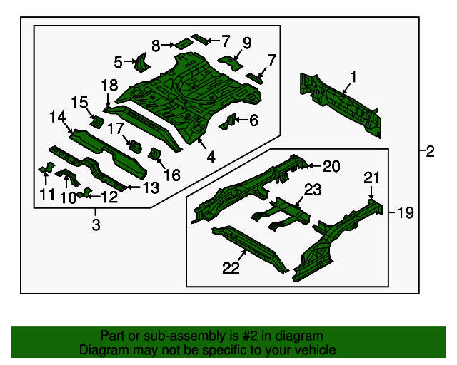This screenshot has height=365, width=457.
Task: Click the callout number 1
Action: pos(353,77)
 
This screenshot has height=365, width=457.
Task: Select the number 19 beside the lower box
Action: pos(405,212)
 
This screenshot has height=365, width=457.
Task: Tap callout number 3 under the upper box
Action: pos(96,225)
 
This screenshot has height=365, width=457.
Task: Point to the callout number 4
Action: pos(211,157)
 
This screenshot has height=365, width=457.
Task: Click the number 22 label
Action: pos(231,268)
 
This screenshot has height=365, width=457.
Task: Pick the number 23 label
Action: pos(313,190)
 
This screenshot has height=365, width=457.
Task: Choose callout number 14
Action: pos(57,117)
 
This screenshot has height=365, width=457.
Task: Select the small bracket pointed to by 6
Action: pos(228,122)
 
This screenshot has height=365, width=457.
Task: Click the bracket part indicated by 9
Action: pos(231,63)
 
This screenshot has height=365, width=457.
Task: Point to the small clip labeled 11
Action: pos(46,168)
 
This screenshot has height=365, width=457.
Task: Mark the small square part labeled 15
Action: pos(96,121)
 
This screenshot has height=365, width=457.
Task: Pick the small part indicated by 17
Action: pos(136,146)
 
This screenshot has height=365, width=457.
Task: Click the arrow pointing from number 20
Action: pos(314,165)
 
